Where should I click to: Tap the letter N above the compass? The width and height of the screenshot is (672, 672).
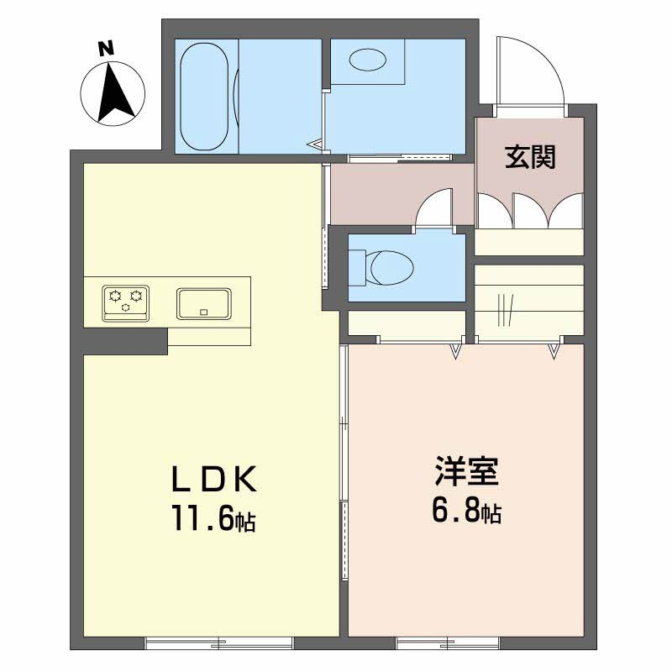pyautogui.click(x=106, y=48)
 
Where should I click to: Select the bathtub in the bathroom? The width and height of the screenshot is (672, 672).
pyautogui.click(x=204, y=94)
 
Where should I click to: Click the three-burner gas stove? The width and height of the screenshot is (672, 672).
pyautogui.click(x=126, y=302)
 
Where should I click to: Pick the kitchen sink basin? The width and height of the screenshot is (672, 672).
pyautogui.click(x=204, y=303)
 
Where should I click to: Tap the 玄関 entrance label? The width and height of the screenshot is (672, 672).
pyautogui.click(x=530, y=157)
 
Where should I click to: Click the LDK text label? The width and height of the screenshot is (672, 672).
pyautogui.click(x=213, y=480)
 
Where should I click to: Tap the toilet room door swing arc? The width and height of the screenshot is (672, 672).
pyautogui.click(x=437, y=207)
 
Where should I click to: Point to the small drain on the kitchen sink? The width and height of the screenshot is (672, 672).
pyautogui.click(x=203, y=312)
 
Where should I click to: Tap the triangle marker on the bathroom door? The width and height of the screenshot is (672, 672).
pyautogui.click(x=318, y=144)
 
